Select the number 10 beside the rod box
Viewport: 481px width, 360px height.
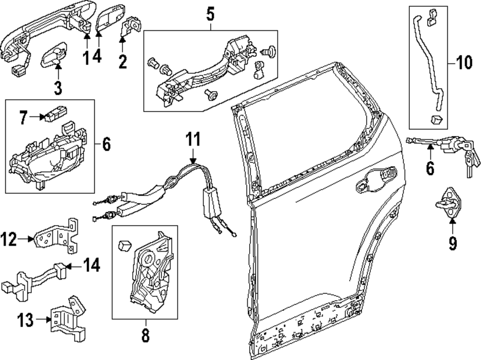(464, 64)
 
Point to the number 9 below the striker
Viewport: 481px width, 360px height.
(453, 244)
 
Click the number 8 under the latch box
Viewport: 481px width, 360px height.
(145, 334)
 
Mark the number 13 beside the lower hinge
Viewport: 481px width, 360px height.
(27, 319)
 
